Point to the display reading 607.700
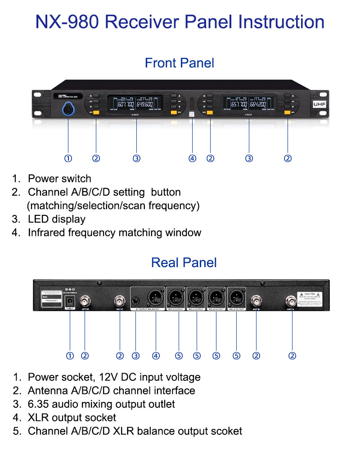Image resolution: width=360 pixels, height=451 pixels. point(124,104)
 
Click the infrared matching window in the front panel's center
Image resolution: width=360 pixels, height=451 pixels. point(191,104)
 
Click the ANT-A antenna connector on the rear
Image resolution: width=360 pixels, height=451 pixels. point(292,300)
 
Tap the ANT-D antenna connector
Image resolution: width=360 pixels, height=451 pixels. point(84,300)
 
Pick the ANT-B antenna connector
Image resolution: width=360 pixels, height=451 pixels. point(256,300)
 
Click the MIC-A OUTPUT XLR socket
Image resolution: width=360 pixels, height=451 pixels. point(236,297)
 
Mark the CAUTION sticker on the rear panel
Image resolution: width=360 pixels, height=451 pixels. point(310,299)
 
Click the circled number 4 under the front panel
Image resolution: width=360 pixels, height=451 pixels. point(192,158)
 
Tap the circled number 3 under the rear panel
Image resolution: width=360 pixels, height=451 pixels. point(135,356)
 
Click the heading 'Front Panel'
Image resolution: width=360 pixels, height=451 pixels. point(180,63)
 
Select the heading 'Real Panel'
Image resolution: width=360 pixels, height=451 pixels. point(184,262)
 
